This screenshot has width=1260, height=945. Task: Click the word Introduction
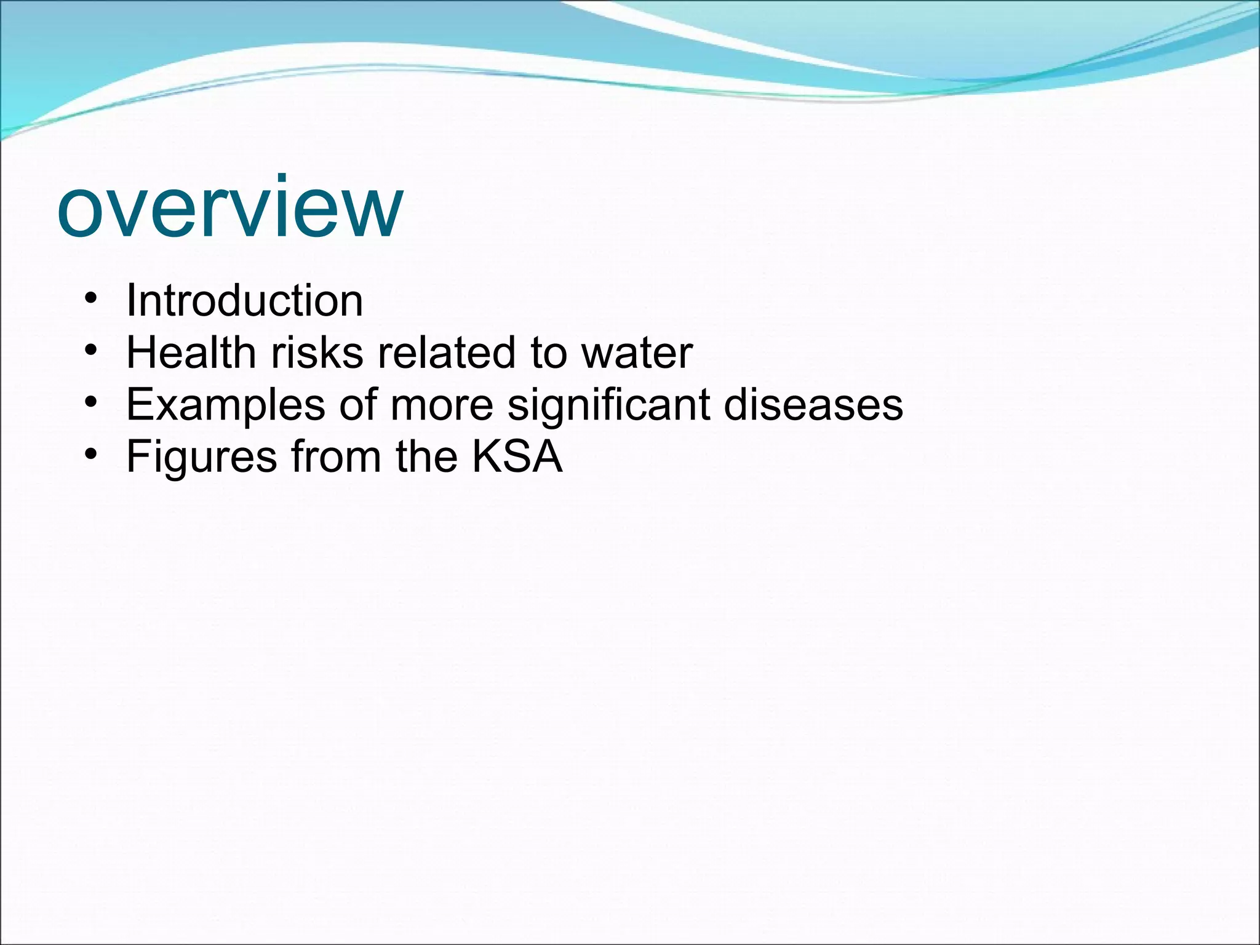pyautogui.click(x=244, y=301)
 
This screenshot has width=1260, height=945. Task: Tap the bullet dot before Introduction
pyautogui.click(x=91, y=300)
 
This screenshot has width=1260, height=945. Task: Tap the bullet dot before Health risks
pyautogui.click(x=91, y=351)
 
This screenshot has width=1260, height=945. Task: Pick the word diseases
pyautogui.click(x=813, y=405)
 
